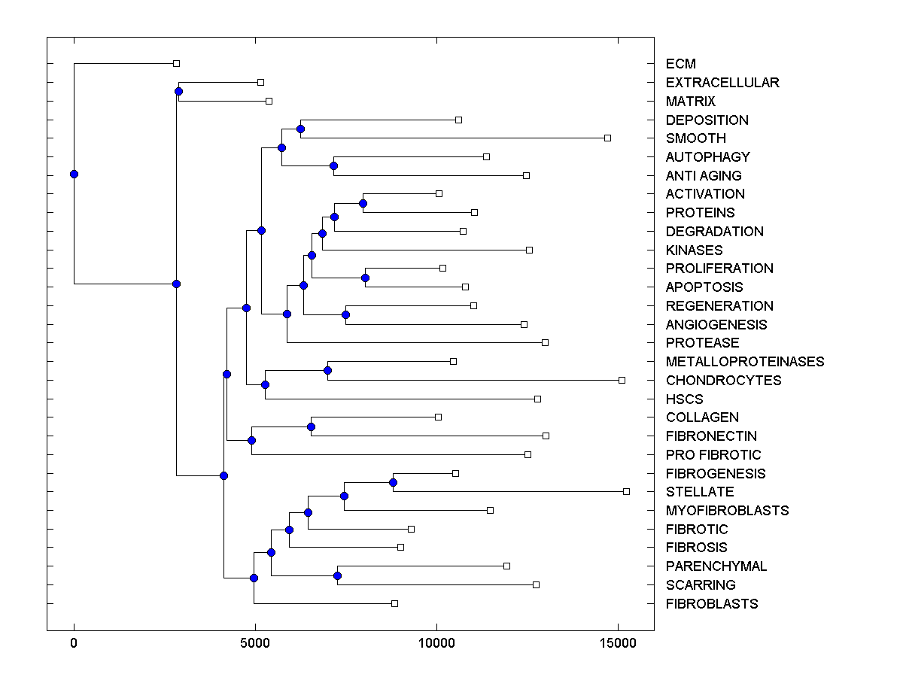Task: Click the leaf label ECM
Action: [680, 64]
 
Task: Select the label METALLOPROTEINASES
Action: [744, 362]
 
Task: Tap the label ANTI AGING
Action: [703, 176]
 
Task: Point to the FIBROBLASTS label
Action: [711, 604]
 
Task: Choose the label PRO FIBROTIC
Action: [713, 455]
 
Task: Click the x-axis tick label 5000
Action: [255, 643]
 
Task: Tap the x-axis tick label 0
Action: [74, 643]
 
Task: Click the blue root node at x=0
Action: [74, 174]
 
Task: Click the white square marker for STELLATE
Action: [626, 491]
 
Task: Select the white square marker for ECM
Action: [176, 64]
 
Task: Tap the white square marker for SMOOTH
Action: [607, 138]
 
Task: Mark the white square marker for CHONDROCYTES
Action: [622, 380]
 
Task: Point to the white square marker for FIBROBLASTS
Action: [394, 603]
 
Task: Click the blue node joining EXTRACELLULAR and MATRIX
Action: [178, 92]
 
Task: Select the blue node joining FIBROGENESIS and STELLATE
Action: [393, 482]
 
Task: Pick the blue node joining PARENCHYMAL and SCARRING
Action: [337, 575]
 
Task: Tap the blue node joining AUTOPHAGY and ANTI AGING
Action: [333, 165]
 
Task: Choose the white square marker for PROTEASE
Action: [545, 342]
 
